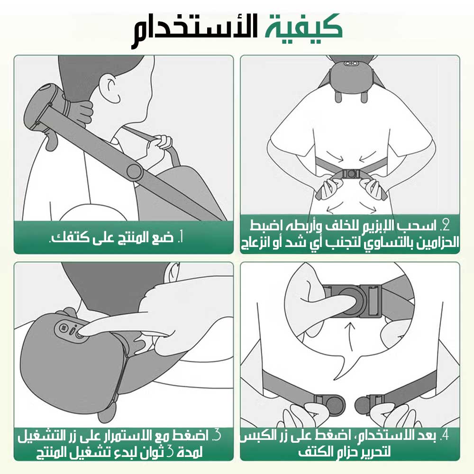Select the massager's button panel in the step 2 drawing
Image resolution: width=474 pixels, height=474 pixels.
click(x=351, y=64)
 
